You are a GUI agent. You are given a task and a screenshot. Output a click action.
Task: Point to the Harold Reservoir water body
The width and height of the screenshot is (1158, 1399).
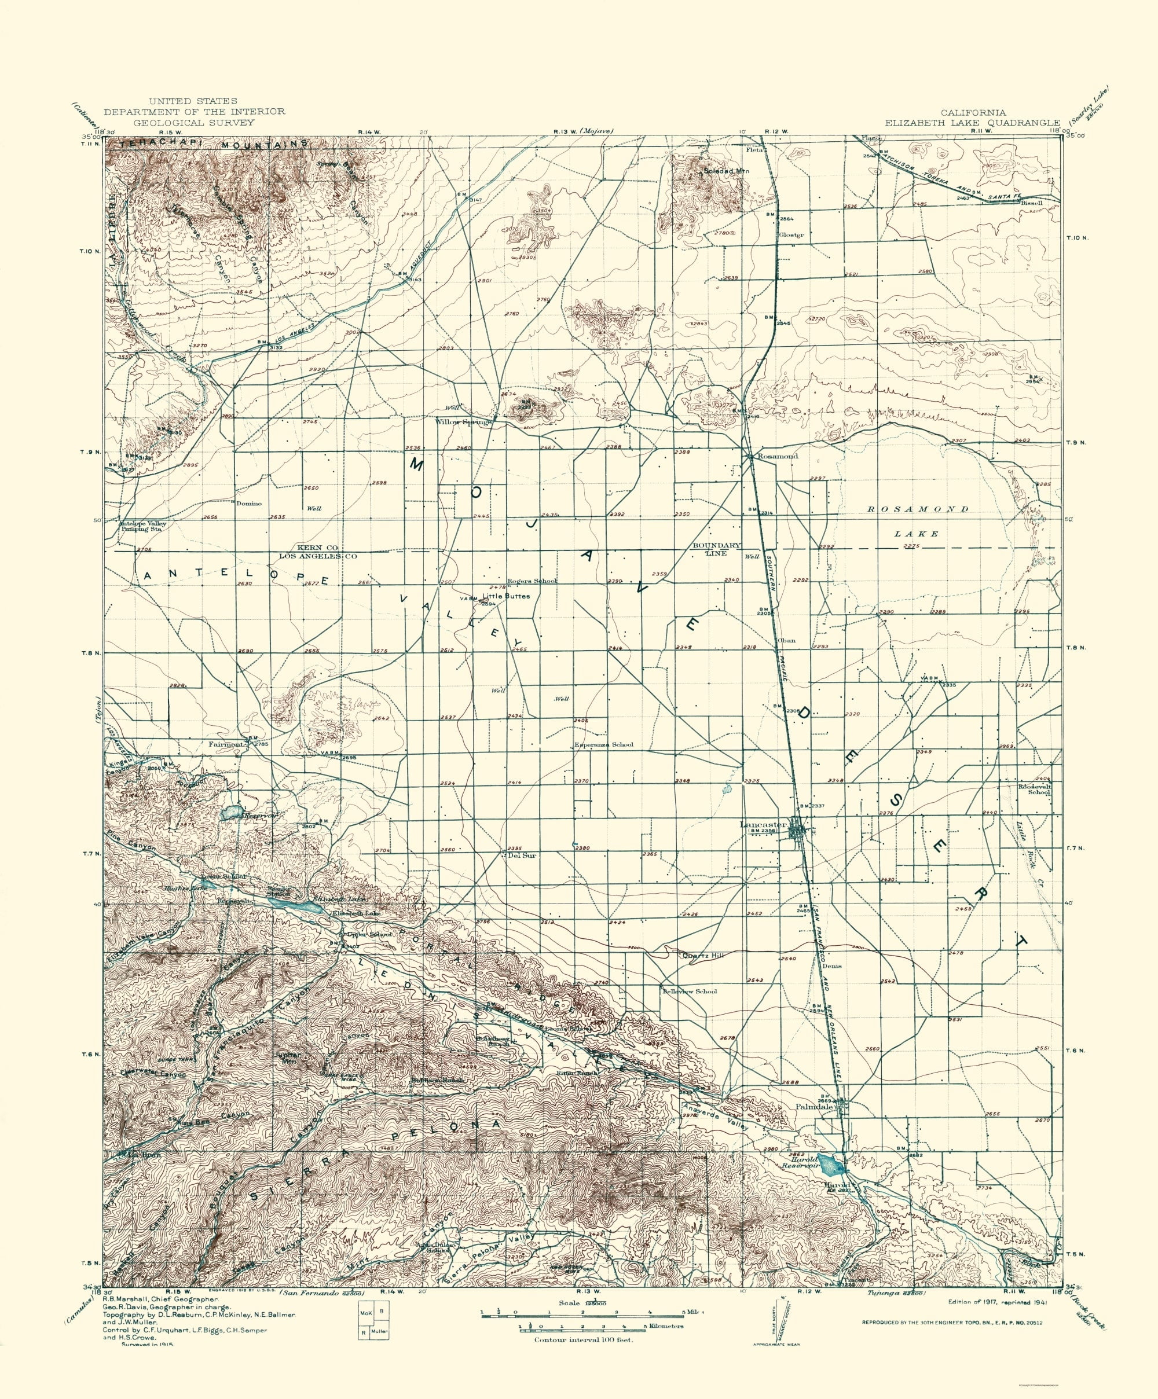(x=830, y=1165)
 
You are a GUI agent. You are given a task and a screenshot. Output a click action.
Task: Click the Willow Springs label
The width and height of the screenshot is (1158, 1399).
(x=464, y=422)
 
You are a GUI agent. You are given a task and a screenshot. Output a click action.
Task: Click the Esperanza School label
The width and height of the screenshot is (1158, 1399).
(x=604, y=745)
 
